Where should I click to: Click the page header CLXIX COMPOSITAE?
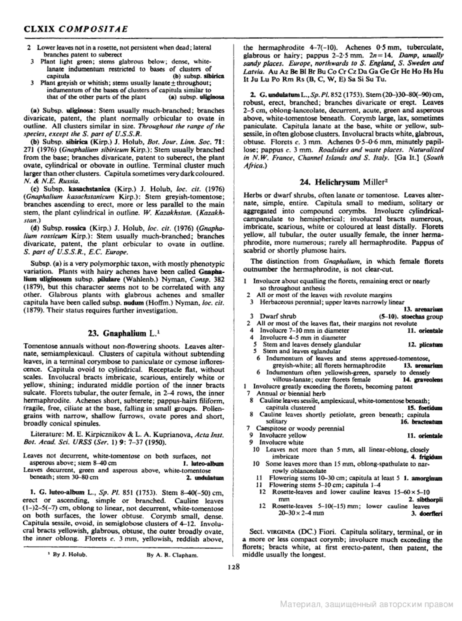point(76,29)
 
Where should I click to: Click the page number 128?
point(234,567)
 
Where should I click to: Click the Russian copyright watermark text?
point(367,605)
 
